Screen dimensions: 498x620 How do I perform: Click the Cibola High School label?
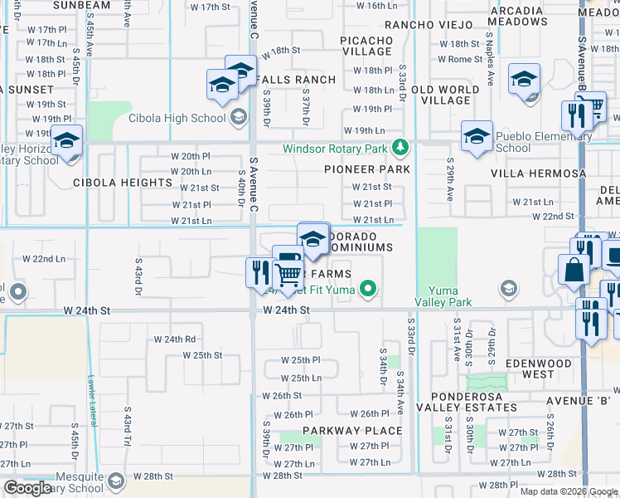tap(177, 118)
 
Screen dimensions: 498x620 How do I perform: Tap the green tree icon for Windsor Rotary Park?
tap(401, 149)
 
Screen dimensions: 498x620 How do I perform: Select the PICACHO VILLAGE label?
tap(367, 46)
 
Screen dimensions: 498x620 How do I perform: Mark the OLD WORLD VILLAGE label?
tap(446, 95)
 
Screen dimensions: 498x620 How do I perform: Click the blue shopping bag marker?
tap(574, 270)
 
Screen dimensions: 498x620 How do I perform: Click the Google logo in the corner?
tap(28, 488)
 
